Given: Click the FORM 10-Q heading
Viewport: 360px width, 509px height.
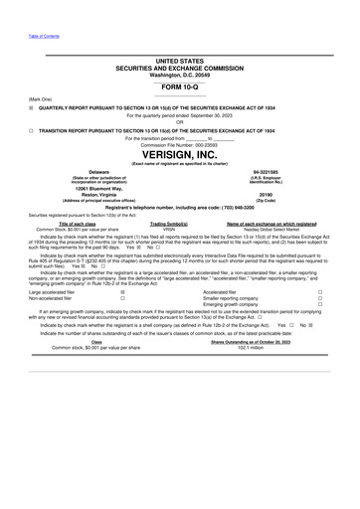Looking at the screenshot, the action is click(179, 87).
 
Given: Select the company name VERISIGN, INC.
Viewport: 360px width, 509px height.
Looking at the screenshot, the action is click(179, 157).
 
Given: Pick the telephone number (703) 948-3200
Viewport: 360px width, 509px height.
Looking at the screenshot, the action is click(226, 206).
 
